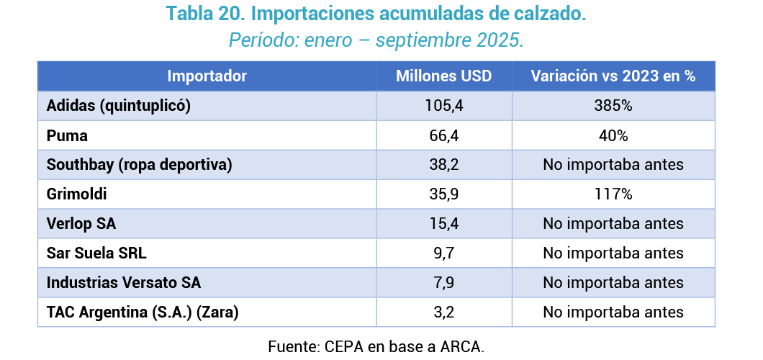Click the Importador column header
pos(207,76)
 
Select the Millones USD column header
pos(444,76)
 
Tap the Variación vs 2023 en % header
pos(613,76)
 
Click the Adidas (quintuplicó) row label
pos(118,106)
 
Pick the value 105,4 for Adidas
pos(444,106)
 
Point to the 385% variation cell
pos(613,106)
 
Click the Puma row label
pos(67,135)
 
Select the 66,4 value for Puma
pos(444,135)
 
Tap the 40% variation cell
pos(613,135)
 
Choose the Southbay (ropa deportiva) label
pos(139,165)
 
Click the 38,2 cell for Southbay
pos(444,165)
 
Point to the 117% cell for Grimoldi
pos(613,194)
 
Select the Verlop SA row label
pos(81,224)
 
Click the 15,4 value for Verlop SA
pos(444,224)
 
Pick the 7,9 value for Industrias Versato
pos(444,283)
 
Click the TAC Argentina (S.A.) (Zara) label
pos(142,312)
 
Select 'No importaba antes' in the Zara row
pos(613,312)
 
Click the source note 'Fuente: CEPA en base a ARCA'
pos(376,346)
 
